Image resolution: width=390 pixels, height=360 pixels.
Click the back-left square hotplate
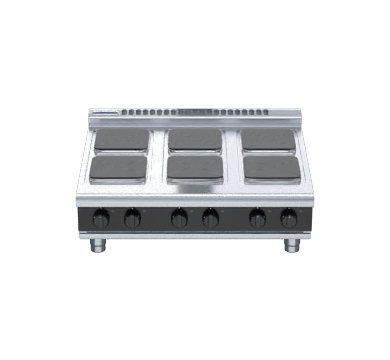click(x=121, y=138)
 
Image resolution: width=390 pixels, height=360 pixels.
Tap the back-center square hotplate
click(x=195, y=138)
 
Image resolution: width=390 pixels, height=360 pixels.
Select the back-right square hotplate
click(x=267, y=138)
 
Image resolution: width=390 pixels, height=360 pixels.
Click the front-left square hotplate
click(x=117, y=167)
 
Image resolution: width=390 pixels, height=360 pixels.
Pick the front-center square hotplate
click(x=195, y=167)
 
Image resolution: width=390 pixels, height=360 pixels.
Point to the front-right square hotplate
click(x=271, y=167)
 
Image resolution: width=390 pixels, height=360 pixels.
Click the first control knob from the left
click(x=101, y=218)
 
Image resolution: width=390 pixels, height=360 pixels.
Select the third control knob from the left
click(x=180, y=218)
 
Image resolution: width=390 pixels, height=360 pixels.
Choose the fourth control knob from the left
click(x=210, y=218)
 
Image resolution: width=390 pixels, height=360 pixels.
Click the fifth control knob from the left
click(x=258, y=218)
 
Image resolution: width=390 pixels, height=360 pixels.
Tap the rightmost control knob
click(x=288, y=218)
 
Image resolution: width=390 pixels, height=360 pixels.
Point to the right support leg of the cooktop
click(x=291, y=244)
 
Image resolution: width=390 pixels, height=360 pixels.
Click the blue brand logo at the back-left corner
click(x=104, y=113)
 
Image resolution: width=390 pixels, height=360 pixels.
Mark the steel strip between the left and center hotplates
click(x=158, y=152)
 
